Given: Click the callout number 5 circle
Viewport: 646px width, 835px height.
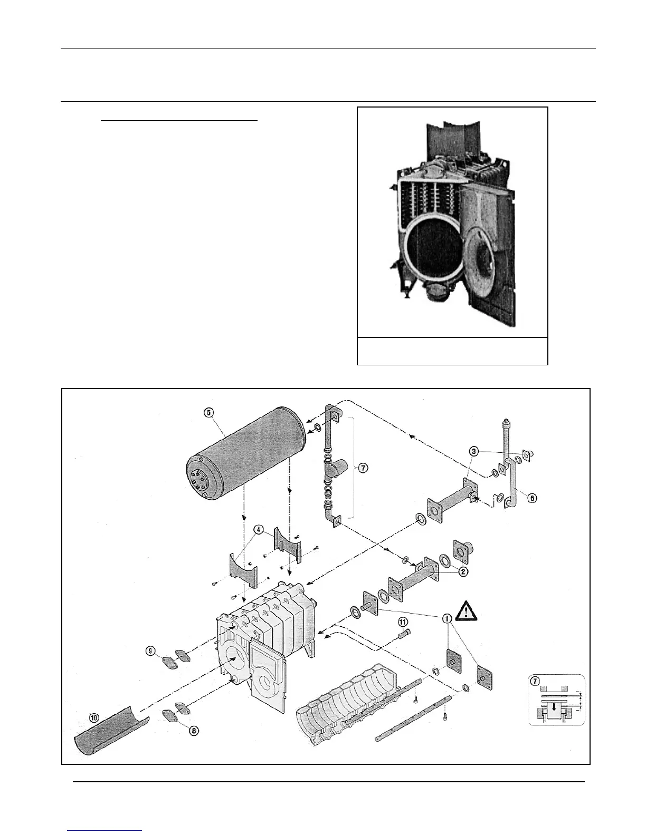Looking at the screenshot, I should pyautogui.click(x=210, y=412).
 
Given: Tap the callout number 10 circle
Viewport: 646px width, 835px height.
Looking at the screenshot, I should pyautogui.click(x=94, y=717).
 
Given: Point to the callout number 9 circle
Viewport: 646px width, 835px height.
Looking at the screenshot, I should pyautogui.click(x=151, y=651).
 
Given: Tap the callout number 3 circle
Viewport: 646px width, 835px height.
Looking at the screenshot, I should pyautogui.click(x=475, y=452).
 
